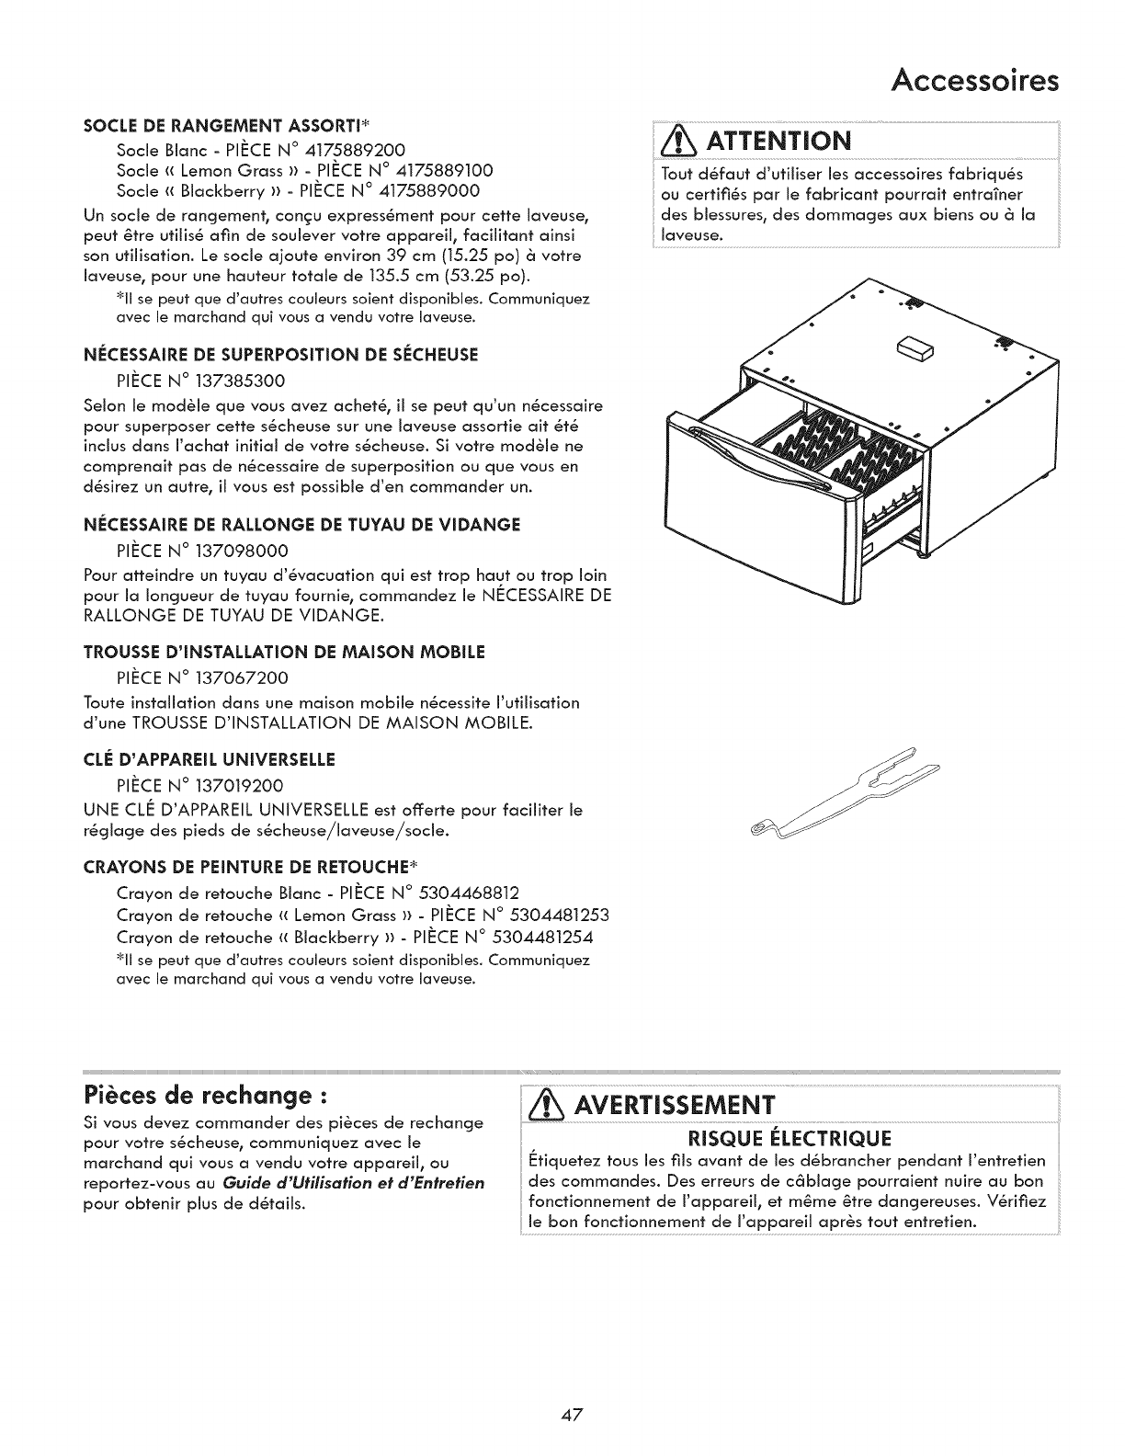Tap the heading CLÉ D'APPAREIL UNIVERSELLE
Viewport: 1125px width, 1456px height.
click(x=209, y=760)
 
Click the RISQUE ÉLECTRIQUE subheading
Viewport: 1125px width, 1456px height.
click(x=791, y=1140)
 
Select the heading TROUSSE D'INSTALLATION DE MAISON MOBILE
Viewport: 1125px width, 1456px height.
click(x=284, y=652)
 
